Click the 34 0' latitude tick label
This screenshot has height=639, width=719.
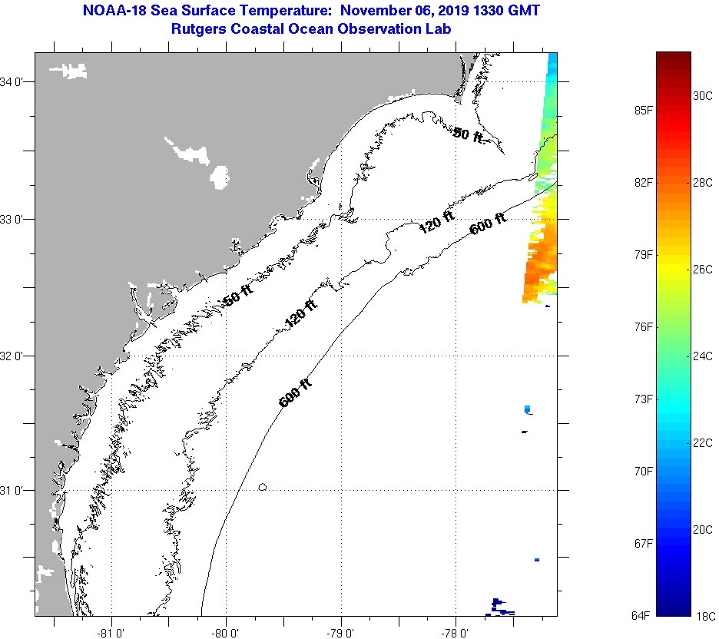pyautogui.click(x=12, y=81)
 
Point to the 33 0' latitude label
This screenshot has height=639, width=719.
pyautogui.click(x=12, y=219)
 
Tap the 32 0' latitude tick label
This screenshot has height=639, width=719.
pyautogui.click(x=12, y=356)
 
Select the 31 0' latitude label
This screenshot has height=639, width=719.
pyautogui.click(x=12, y=490)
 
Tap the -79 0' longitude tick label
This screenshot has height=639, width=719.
pyautogui.click(x=341, y=634)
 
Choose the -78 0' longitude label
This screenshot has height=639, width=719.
pyautogui.click(x=456, y=634)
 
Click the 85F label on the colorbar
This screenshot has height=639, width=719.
pyautogui.click(x=643, y=111)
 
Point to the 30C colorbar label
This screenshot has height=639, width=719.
pyautogui.click(x=703, y=96)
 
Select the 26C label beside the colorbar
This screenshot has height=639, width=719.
pyautogui.click(x=703, y=270)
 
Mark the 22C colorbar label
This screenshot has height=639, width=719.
pyautogui.click(x=703, y=444)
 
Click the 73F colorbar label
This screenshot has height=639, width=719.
pyautogui.click(x=643, y=399)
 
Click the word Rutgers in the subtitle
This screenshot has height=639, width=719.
pyautogui.click(x=199, y=28)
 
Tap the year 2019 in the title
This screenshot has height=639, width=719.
pyautogui.click(x=452, y=11)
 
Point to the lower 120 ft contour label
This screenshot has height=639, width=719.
pyautogui.click(x=300, y=315)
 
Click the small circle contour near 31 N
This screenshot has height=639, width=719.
pyautogui.click(x=263, y=486)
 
